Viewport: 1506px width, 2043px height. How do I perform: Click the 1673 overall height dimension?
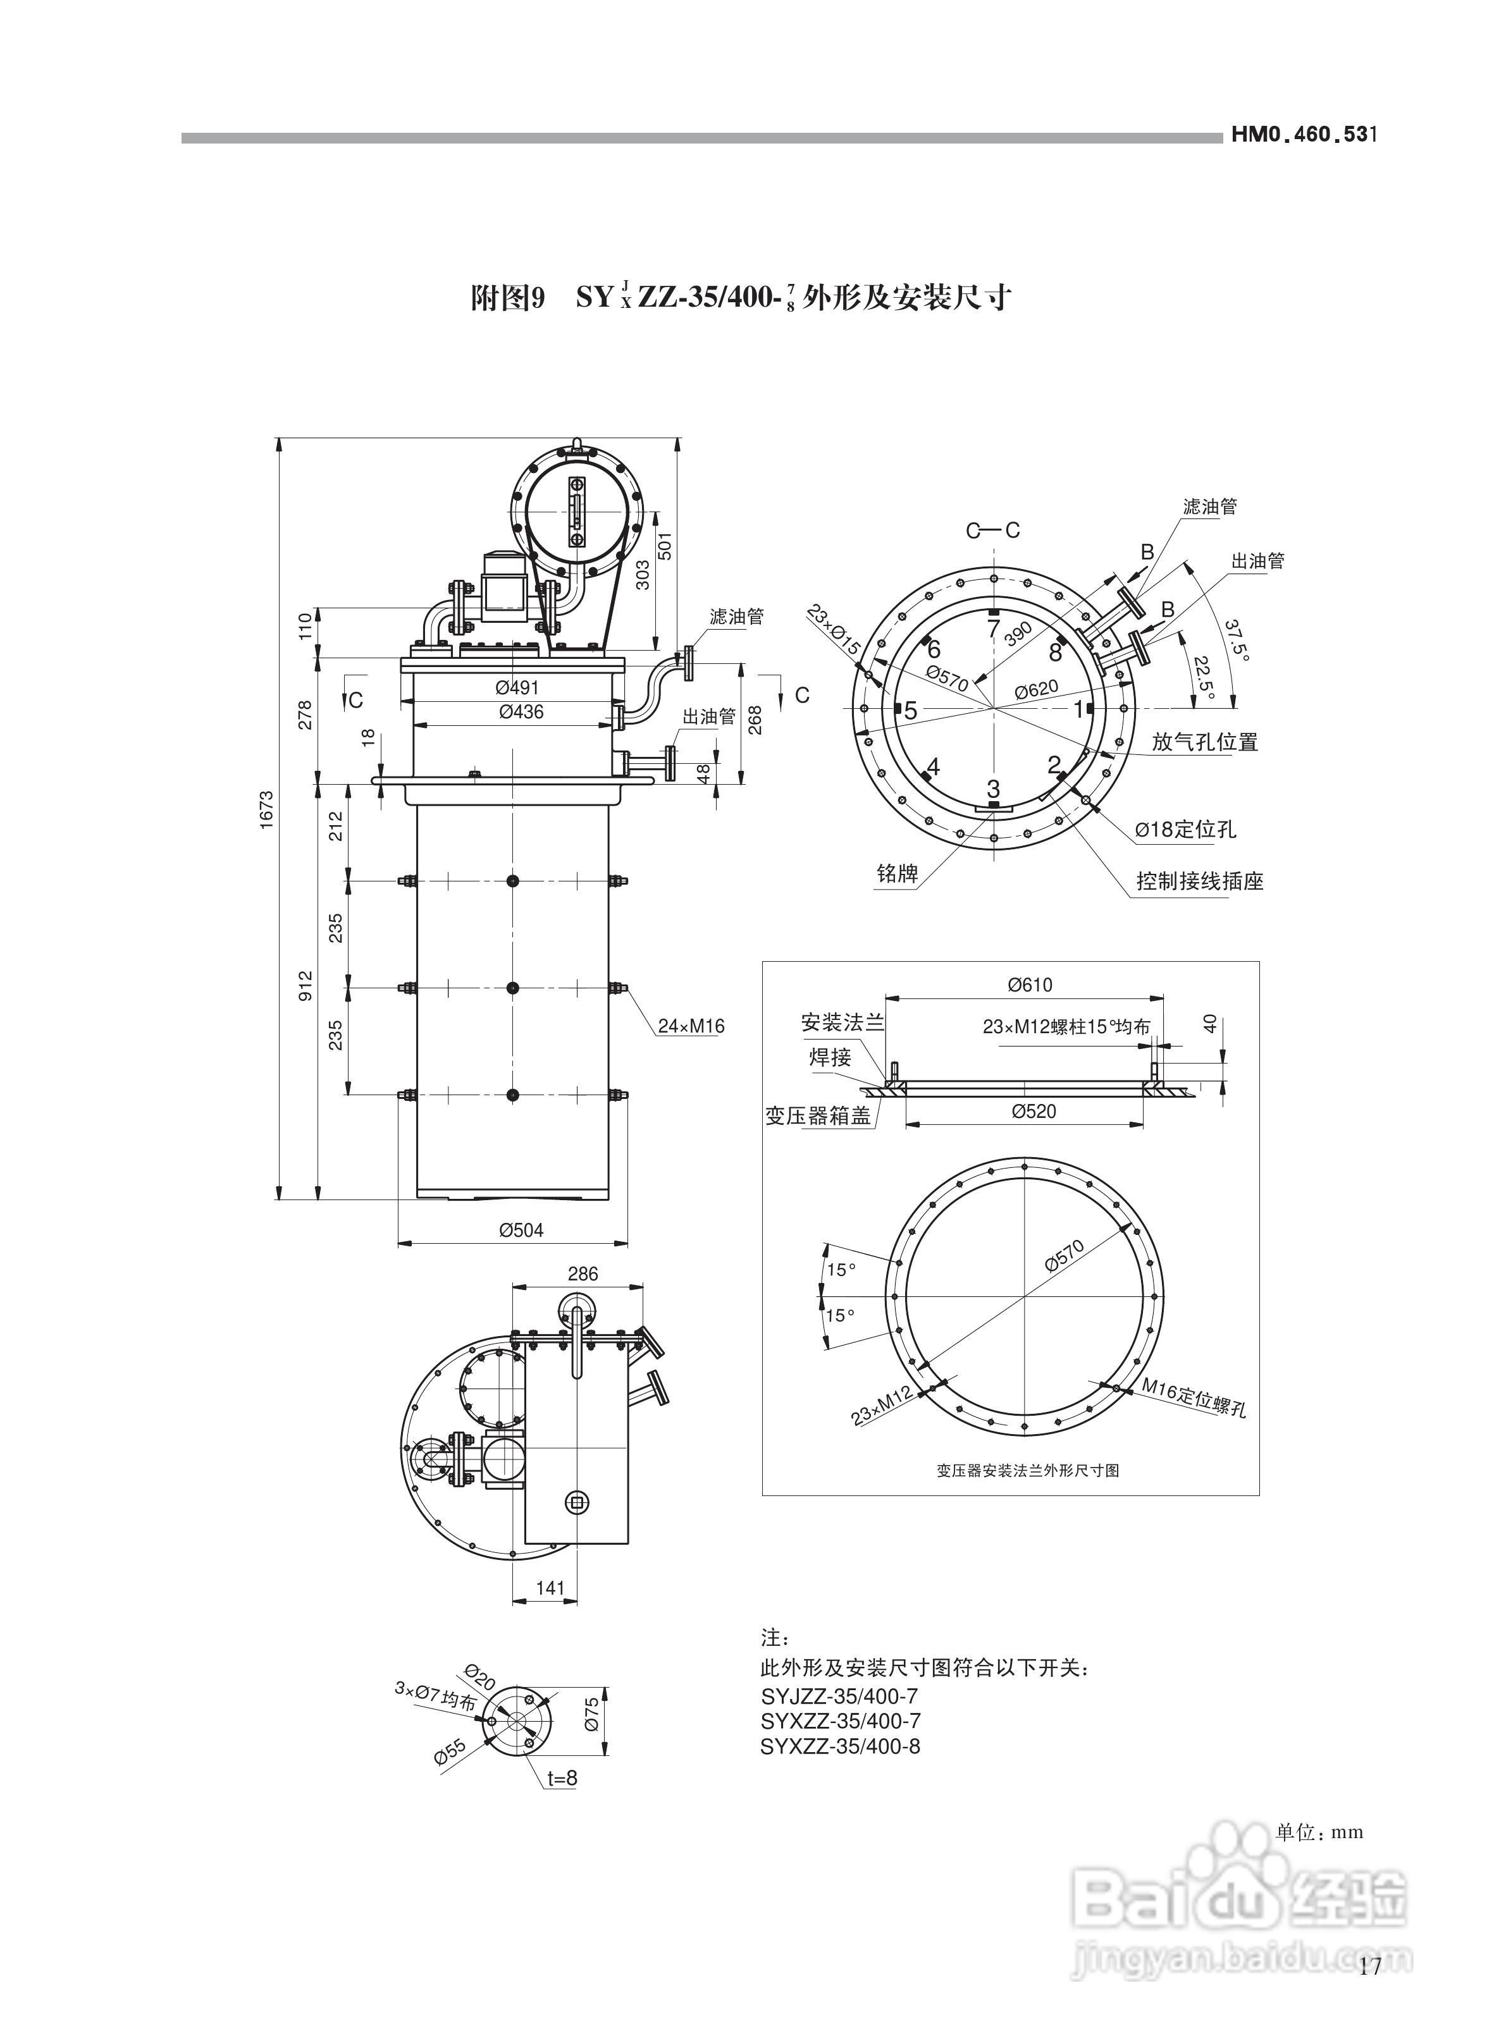(x=266, y=809)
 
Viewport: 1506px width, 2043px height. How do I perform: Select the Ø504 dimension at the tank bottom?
(x=521, y=1230)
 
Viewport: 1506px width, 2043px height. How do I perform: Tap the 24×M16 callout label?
(x=691, y=1026)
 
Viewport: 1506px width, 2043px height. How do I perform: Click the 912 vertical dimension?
(x=306, y=986)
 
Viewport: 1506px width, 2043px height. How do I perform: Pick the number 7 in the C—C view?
(x=994, y=628)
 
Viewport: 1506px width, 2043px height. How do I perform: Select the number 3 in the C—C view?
(x=994, y=788)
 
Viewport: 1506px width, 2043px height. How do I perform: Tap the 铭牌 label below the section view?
(x=896, y=874)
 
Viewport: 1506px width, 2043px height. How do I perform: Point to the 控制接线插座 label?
(x=1200, y=882)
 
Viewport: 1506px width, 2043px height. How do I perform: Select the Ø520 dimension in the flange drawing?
(x=1034, y=1112)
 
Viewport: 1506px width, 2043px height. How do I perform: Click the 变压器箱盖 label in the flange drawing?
(x=818, y=1115)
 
